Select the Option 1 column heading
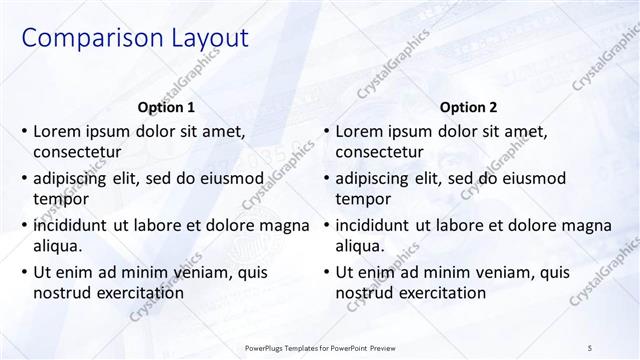[x=166, y=107]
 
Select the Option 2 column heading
[x=467, y=107]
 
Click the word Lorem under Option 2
[x=359, y=131]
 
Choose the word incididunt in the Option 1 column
[x=75, y=224]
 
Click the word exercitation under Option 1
[x=138, y=292]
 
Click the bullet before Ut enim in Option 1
[x=24, y=271]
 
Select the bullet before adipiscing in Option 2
[x=326, y=178]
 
